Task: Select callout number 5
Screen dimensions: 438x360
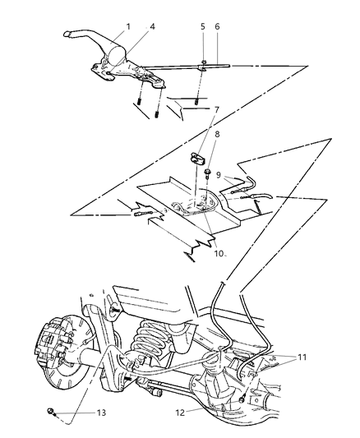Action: tap(203, 27)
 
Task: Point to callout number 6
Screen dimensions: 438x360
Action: tap(217, 27)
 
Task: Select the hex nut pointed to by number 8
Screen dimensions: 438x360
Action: tap(210, 173)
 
